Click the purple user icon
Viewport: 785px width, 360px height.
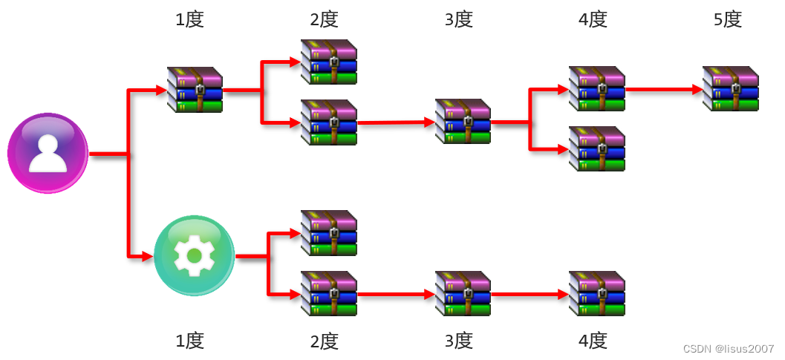tap(48, 153)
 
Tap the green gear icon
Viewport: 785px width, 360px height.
tap(194, 255)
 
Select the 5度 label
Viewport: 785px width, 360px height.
tap(727, 19)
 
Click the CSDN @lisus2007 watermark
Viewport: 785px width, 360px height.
tap(728, 349)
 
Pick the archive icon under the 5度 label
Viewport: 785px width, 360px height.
tap(731, 89)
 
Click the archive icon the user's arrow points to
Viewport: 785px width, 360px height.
tap(195, 89)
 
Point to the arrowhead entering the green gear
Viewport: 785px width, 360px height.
tap(147, 257)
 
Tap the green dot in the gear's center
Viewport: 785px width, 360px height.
tap(194, 256)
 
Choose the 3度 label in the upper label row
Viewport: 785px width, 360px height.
tap(458, 19)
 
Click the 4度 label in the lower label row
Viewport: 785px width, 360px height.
tap(593, 341)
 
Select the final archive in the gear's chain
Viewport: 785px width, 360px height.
tap(596, 293)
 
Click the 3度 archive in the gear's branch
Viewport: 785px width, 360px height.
tap(463, 293)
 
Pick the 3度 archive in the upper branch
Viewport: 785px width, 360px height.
tap(463, 121)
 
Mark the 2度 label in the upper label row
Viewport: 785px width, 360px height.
tap(324, 19)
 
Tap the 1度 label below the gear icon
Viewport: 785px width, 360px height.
tap(189, 341)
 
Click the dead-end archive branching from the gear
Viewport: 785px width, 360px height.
tap(328, 233)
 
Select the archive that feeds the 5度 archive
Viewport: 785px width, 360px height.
tap(596, 89)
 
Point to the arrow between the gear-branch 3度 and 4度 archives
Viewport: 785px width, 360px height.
tap(529, 294)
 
